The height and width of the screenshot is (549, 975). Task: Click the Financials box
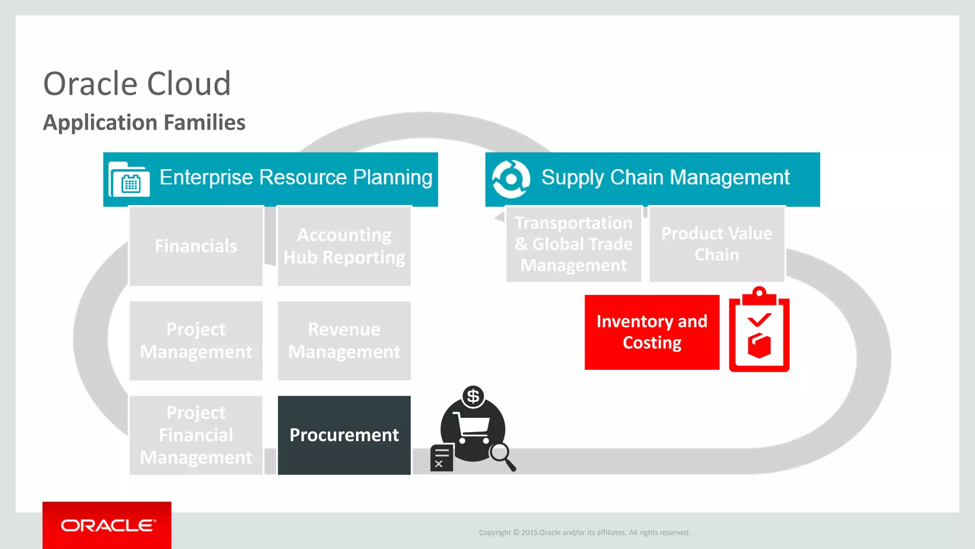tap(196, 246)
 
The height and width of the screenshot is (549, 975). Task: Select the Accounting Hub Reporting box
tap(344, 246)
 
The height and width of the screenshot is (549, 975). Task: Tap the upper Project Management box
tap(196, 340)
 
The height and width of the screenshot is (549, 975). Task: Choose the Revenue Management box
tap(344, 340)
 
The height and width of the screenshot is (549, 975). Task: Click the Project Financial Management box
tap(196, 435)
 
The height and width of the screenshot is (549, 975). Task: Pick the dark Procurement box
tap(344, 435)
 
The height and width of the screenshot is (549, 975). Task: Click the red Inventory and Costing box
tap(651, 332)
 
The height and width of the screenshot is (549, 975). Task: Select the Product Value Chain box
tap(716, 244)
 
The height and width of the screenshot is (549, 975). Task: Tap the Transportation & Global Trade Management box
tap(573, 244)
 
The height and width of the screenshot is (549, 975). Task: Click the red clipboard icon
tap(759, 331)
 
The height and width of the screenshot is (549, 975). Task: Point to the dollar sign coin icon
tap(473, 396)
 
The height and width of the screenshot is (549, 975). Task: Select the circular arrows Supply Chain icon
tap(511, 179)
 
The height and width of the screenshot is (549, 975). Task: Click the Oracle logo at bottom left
tap(107, 525)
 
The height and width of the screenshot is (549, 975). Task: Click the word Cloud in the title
tap(189, 84)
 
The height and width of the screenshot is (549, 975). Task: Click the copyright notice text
tap(584, 532)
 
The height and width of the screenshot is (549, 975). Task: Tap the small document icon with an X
tap(441, 458)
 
